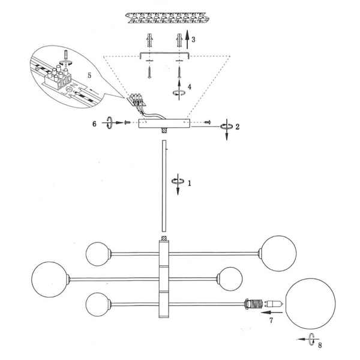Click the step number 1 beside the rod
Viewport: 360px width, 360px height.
point(190,184)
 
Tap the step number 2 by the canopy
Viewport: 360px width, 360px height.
point(238,127)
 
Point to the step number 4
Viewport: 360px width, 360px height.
point(190,86)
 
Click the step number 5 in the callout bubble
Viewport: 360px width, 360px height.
point(89,76)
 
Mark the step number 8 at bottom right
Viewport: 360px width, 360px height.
point(320,344)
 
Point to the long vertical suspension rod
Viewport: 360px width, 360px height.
point(163,186)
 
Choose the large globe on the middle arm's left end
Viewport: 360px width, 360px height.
point(50,278)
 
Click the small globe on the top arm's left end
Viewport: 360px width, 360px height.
point(98,253)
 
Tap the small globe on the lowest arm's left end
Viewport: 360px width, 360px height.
point(98,304)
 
